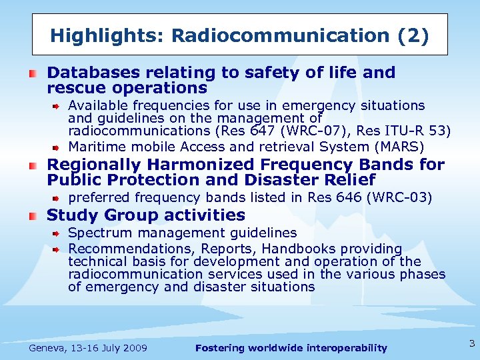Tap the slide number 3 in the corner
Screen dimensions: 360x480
[x=472, y=344]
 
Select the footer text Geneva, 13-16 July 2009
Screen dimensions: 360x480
[x=88, y=348]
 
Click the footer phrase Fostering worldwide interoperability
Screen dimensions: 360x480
[x=291, y=348]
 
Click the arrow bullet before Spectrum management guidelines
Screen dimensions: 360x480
[x=57, y=233]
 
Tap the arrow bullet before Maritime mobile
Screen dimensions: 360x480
[x=57, y=147]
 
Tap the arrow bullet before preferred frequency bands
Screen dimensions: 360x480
[x=57, y=197]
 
